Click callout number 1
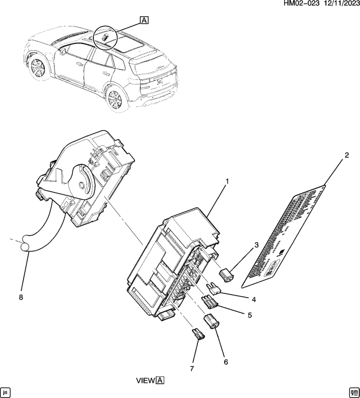click(227, 182)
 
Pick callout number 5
click(250, 315)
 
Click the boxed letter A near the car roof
click(144, 21)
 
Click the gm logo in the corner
click(353, 391)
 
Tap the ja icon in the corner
click(6, 391)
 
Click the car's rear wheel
click(114, 99)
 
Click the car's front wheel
click(37, 68)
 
